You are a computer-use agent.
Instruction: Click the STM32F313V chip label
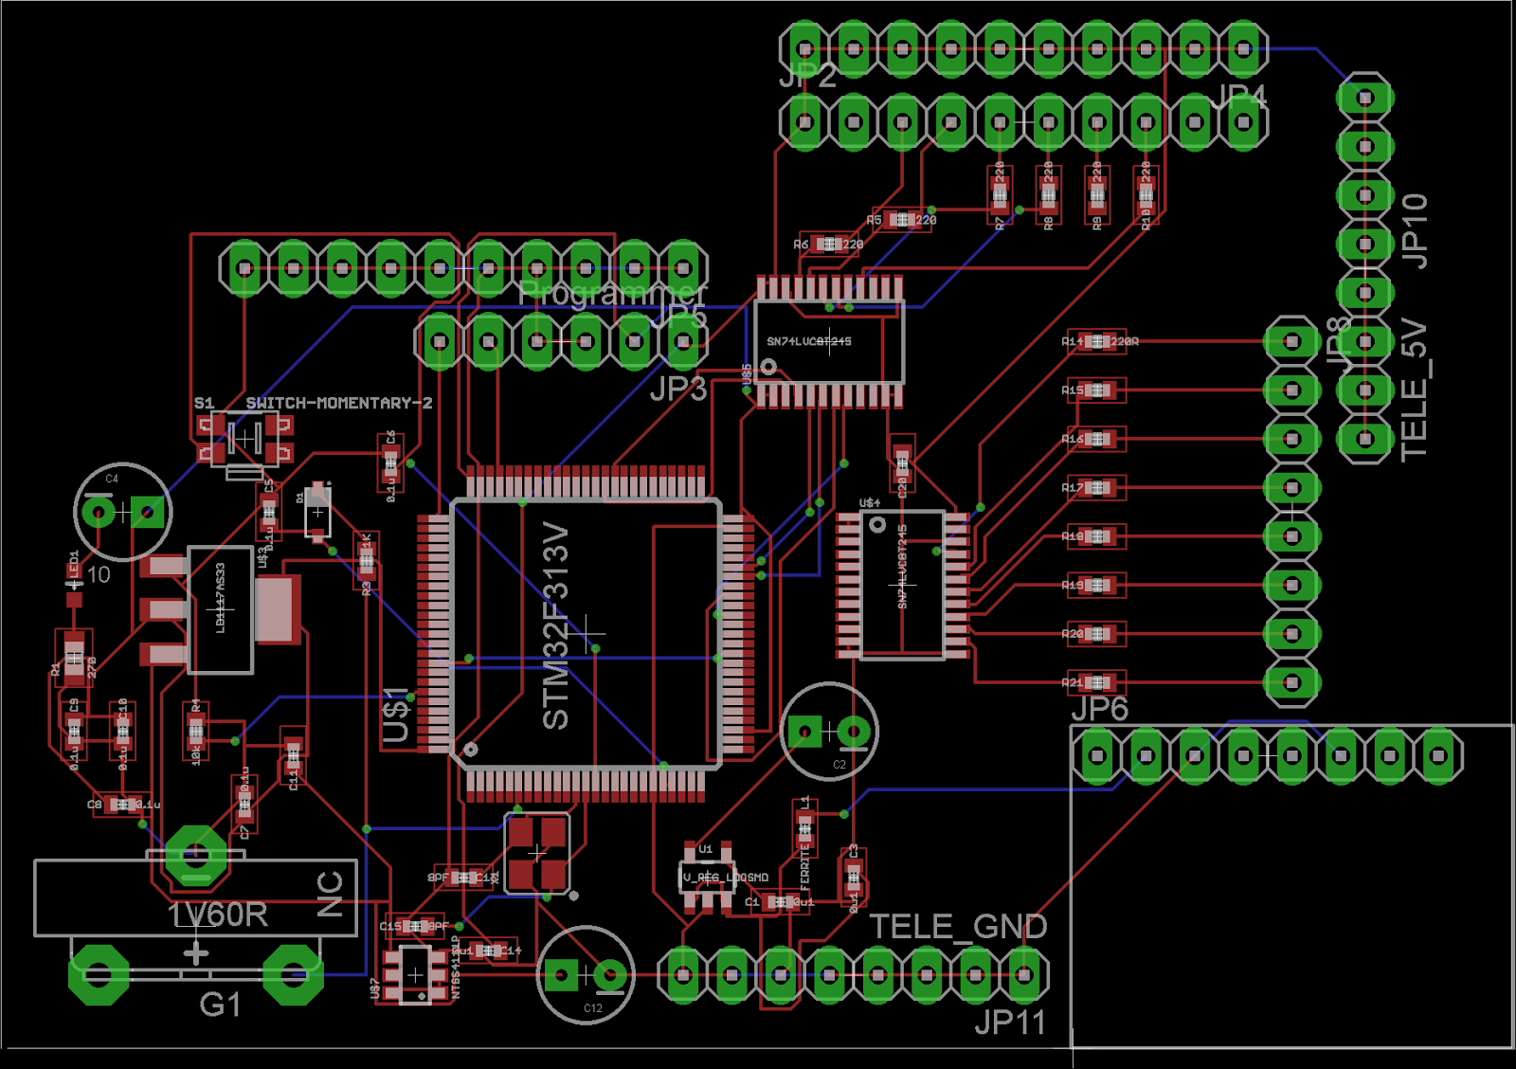click(555, 625)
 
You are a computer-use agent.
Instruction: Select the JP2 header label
click(807, 75)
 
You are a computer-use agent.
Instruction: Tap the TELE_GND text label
click(958, 926)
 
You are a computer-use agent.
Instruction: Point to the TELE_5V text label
click(1413, 390)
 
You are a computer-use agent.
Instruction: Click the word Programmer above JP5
click(612, 293)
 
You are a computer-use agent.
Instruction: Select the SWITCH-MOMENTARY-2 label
click(338, 403)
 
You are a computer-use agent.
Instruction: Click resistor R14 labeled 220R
click(1097, 341)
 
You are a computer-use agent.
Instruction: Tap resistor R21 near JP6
click(1097, 682)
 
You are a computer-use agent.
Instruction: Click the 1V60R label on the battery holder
click(218, 915)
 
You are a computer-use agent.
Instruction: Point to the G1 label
click(220, 1004)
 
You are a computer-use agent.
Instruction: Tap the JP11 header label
click(1009, 1023)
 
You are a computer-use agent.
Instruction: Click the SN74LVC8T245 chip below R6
click(829, 341)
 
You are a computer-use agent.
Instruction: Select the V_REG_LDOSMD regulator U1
click(707, 877)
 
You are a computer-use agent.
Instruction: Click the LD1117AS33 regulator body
click(221, 609)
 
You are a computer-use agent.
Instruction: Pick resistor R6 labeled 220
click(830, 244)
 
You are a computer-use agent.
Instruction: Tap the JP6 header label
click(1099, 708)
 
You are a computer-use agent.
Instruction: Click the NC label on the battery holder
click(330, 894)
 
